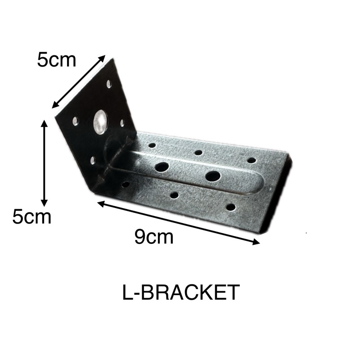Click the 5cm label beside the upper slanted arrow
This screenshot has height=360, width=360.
coord(57,60)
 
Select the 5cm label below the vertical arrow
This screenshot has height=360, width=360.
coord(31,217)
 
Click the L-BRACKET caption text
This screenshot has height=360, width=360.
coord(180,293)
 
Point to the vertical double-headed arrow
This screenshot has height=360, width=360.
coord(44,162)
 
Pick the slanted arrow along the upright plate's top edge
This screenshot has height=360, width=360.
coord(79,82)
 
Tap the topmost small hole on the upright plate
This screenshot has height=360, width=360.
coord(109,83)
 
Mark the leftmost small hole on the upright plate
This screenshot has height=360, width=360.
coord(75,121)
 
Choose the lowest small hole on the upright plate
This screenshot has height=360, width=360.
coord(93,160)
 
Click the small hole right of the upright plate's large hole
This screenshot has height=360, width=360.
coord(122,122)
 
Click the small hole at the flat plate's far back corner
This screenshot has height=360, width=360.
coord(252,160)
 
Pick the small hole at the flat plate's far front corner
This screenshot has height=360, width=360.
coord(230,207)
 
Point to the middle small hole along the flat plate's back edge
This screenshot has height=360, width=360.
coord(198,153)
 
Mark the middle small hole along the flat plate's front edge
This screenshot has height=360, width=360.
coord(174,195)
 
